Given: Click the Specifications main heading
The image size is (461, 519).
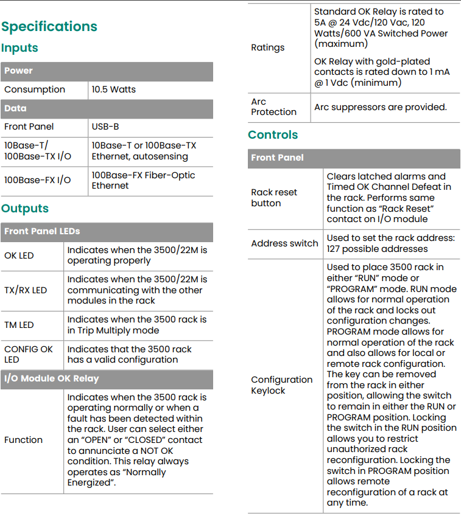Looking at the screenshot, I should (49, 27).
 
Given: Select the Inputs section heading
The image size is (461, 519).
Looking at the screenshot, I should (20, 48).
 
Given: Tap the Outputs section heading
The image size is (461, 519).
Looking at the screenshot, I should (25, 209).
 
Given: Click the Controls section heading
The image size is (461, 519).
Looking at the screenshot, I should (273, 135).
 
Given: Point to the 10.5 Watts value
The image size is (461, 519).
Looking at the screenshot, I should (114, 89).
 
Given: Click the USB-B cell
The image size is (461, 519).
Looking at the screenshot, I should (105, 127).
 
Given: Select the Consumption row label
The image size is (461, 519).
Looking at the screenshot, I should (35, 89).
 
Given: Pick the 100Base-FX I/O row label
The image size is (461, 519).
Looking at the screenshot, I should (38, 180).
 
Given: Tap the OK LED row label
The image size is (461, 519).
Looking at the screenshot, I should (19, 256).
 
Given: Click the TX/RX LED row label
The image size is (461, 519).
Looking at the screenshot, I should (26, 290).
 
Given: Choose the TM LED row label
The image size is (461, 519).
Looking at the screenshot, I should (19, 325).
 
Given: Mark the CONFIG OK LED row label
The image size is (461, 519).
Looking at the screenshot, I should (29, 354).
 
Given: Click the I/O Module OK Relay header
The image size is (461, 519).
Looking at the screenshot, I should (52, 378).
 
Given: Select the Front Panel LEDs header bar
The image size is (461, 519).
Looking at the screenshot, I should (42, 231).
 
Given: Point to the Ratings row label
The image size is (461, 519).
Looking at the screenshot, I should (268, 47).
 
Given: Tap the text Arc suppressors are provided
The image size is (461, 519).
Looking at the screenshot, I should (380, 107).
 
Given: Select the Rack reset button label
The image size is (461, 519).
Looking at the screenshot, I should (274, 198).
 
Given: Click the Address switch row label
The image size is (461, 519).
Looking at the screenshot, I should (284, 243).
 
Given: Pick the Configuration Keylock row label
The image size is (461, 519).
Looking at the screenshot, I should (281, 385).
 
